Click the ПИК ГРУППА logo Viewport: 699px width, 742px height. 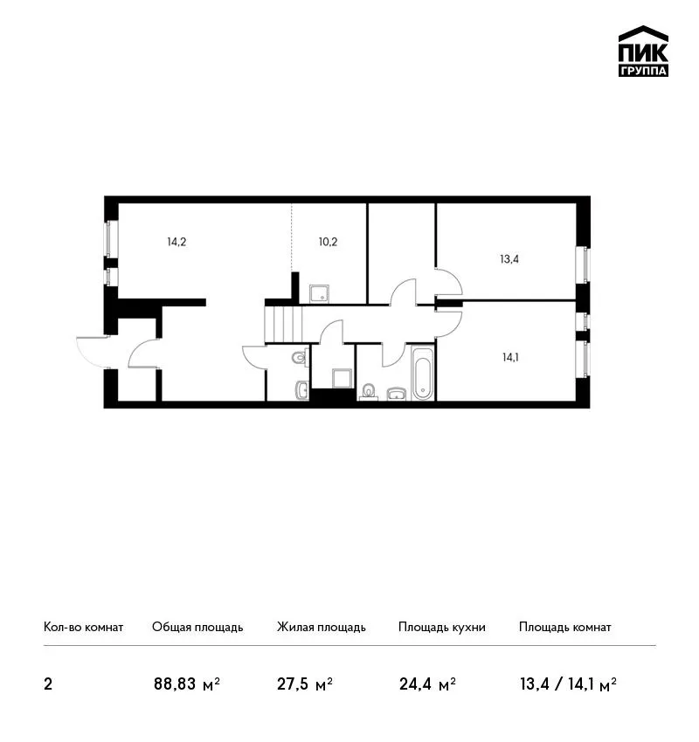(643, 52)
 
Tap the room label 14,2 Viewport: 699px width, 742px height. (176, 243)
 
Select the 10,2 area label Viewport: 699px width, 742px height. (328, 243)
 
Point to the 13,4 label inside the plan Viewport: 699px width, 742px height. (509, 259)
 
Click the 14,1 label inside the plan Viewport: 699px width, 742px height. (510, 357)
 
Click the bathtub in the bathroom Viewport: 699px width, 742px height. (422, 374)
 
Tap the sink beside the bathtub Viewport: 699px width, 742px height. (397, 394)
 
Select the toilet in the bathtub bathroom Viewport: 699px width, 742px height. (369, 392)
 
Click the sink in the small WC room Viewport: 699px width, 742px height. (302, 390)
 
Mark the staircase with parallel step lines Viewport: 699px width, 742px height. (283, 324)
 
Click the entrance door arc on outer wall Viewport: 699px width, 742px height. (93, 351)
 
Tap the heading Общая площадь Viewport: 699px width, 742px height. (197, 628)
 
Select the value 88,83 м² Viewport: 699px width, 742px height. (187, 684)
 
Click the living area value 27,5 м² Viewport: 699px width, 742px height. (305, 684)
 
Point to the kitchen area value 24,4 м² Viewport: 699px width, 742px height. (427, 684)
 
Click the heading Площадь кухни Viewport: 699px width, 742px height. (442, 628)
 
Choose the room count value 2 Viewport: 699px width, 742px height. (48, 684)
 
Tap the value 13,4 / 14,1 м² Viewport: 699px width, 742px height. (568, 684)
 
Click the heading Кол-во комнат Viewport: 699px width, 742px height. (83, 628)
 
